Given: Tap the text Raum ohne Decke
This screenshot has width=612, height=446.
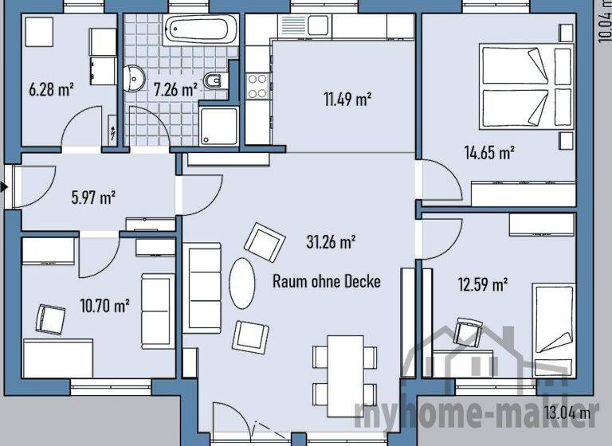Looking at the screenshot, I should [327, 281].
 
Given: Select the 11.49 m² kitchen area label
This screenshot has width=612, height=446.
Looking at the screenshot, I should [347, 100].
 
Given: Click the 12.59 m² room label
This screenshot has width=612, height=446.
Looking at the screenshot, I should [483, 284].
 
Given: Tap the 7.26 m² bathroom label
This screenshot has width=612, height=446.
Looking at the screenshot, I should [175, 89].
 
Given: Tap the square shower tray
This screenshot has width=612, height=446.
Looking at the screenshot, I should [218, 126].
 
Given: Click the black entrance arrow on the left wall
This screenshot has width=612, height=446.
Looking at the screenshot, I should [4, 188].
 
